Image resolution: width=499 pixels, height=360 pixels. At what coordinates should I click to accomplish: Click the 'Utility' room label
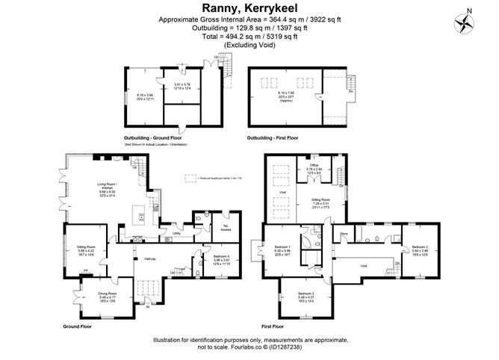pyautogui.click(x=176, y=234)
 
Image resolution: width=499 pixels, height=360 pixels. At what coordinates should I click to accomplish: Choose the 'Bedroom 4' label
pyautogui.click(x=215, y=256)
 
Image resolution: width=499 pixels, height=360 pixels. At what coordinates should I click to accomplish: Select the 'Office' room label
pyautogui.click(x=314, y=166)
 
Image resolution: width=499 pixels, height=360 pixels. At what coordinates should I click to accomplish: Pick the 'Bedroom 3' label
pyautogui.click(x=307, y=294)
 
